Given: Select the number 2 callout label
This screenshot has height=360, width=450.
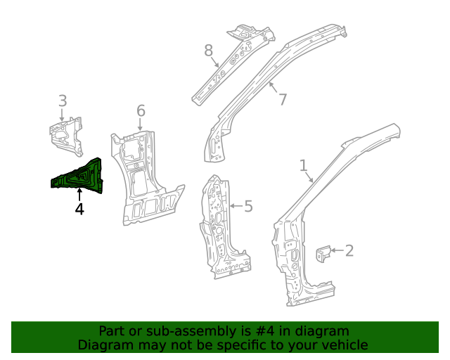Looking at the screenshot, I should coord(349,250).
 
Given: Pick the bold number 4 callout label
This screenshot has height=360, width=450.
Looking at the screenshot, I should coord(79,209).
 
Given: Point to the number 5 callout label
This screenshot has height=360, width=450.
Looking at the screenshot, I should coord(247,206).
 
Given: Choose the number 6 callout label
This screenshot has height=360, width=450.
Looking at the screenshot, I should coord(141,110).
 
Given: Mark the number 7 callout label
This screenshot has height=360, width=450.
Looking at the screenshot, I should coord(283,99).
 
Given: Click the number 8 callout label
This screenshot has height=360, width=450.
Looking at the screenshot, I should coord(208,51).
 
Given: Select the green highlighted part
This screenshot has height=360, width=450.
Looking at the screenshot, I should coord(79,176).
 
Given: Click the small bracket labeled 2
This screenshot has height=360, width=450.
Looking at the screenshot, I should coord(324,255).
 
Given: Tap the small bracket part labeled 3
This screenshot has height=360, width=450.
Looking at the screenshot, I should coord(65,135).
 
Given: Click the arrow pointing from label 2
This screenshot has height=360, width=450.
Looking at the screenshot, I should coord(336,250).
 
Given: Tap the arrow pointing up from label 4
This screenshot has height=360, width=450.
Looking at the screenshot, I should coord(79,194).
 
